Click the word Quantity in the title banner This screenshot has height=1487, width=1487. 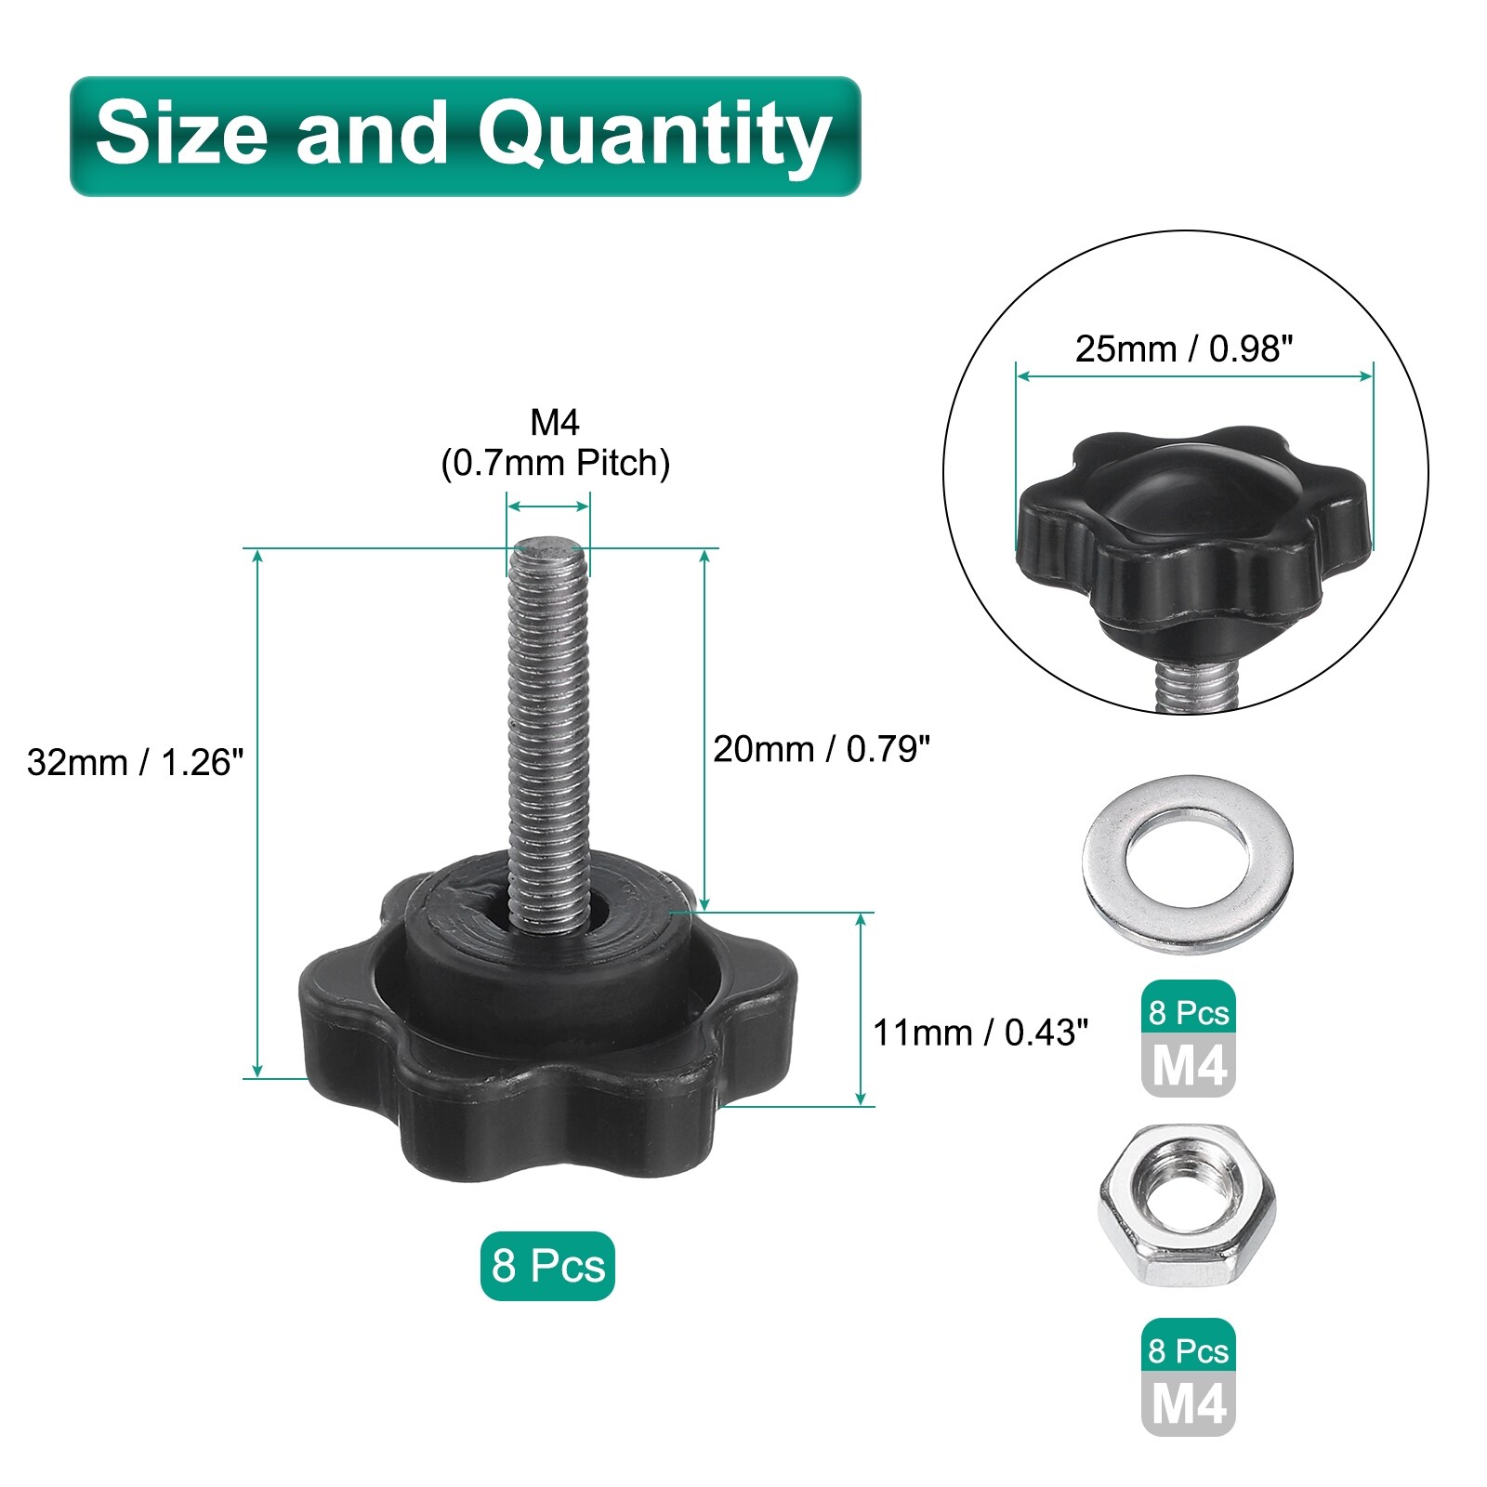tap(654, 137)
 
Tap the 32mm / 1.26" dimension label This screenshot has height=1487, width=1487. tap(136, 762)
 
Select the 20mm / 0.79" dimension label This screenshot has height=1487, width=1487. tap(822, 749)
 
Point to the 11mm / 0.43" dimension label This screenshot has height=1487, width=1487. tap(980, 1033)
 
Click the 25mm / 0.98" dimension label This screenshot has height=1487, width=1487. tap(1184, 349)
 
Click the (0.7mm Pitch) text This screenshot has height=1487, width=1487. tap(556, 463)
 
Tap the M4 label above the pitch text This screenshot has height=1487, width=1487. tap(555, 423)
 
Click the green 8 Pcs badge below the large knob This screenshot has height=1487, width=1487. tap(547, 1266)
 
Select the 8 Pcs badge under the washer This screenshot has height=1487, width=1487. tap(1189, 1012)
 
